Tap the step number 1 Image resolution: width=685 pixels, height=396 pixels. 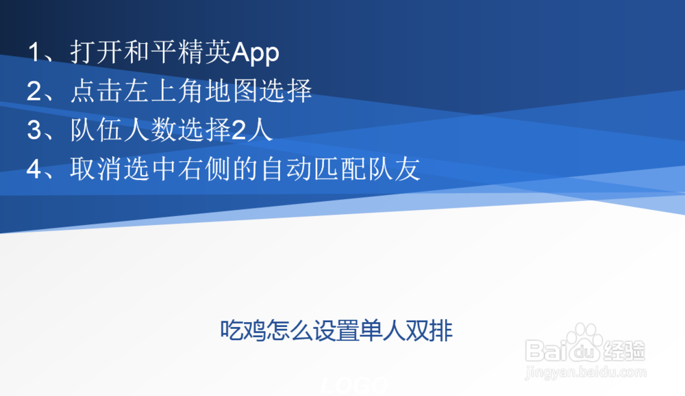34,53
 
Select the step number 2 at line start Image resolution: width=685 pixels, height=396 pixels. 34,92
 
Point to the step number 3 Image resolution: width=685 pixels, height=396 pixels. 34,131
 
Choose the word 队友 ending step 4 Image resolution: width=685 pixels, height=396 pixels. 400,169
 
